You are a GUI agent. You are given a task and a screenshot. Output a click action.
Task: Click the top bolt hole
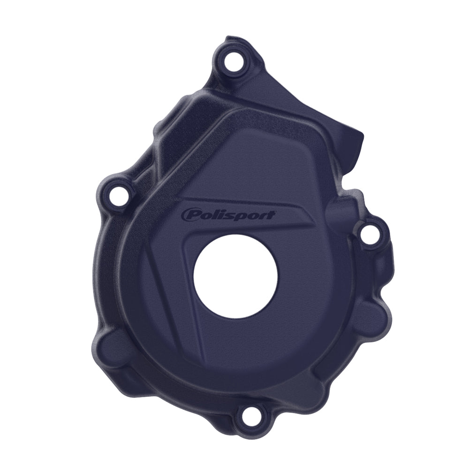coord(231,61)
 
